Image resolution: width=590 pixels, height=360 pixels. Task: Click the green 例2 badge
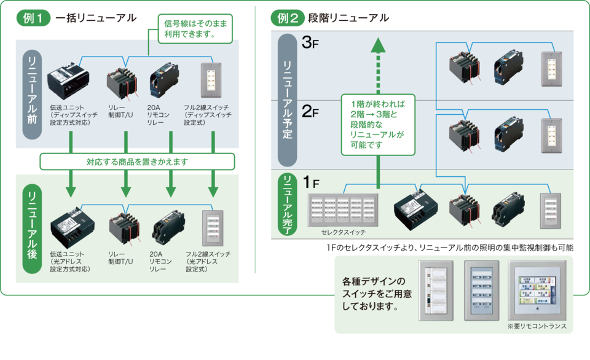pos(288,17)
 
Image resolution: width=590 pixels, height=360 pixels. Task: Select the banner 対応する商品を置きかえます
pos(137,162)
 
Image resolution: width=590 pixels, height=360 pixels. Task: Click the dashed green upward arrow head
pos(378,46)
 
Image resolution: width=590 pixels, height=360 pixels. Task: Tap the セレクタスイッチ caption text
pos(343,233)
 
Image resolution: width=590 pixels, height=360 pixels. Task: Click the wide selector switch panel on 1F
pos(343,210)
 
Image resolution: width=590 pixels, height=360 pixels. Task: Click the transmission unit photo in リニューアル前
pos(68,80)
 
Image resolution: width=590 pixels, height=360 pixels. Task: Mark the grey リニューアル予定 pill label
pos(288,100)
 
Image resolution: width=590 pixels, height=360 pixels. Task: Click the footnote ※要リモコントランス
pos(537,326)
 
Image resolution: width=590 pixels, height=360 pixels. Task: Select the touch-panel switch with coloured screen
pos(537,291)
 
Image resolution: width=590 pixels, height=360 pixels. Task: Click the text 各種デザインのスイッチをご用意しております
pos(374,293)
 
